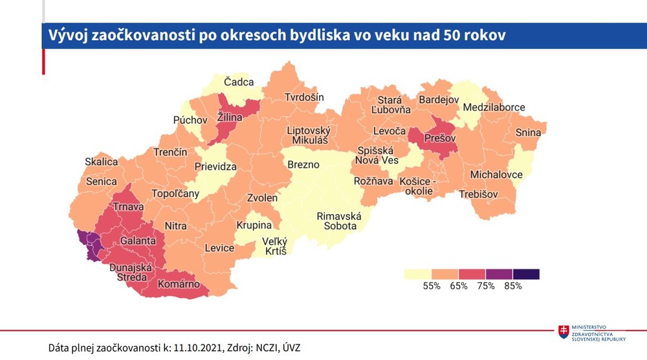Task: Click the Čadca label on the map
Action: [239, 82]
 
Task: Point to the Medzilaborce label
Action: [496, 107]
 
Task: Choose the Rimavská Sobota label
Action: [338, 221]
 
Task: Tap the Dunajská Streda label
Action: [131, 273]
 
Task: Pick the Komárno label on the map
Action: [179, 285]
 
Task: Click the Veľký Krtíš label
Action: [274, 246]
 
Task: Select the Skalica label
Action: [102, 161]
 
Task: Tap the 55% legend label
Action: [432, 286]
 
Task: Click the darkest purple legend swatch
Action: [526, 274]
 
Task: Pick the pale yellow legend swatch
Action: [418, 274]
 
